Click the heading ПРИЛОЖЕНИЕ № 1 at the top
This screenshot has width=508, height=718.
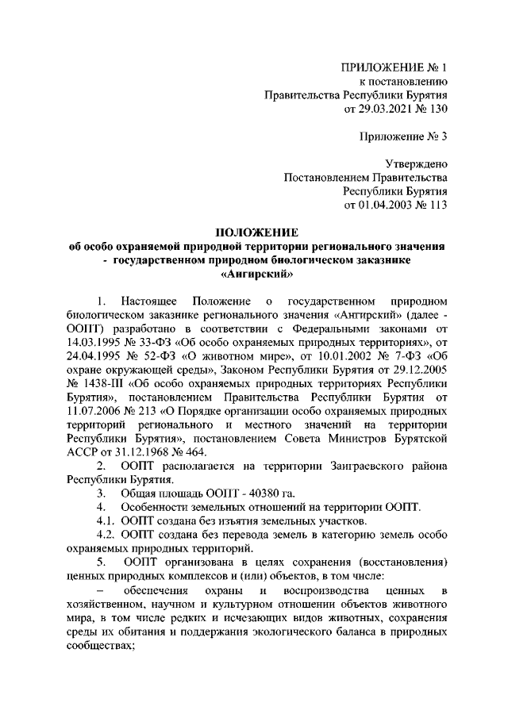[x=394, y=67]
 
